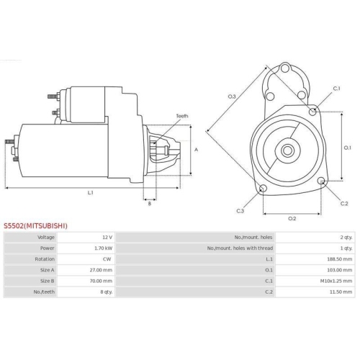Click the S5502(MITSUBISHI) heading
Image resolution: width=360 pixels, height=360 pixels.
35,225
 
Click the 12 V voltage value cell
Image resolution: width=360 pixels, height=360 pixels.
107,237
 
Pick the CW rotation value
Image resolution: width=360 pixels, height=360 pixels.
107,258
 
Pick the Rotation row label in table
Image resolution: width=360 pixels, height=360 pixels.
45,258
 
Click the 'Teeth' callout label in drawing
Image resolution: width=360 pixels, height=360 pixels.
181,116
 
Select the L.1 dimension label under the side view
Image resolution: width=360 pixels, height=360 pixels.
91,193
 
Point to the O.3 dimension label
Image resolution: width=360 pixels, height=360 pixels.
232,96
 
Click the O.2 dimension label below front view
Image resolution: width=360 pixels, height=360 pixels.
292,217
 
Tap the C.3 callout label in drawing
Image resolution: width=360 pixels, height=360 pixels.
240,210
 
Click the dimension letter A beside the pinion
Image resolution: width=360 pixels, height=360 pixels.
197,150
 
